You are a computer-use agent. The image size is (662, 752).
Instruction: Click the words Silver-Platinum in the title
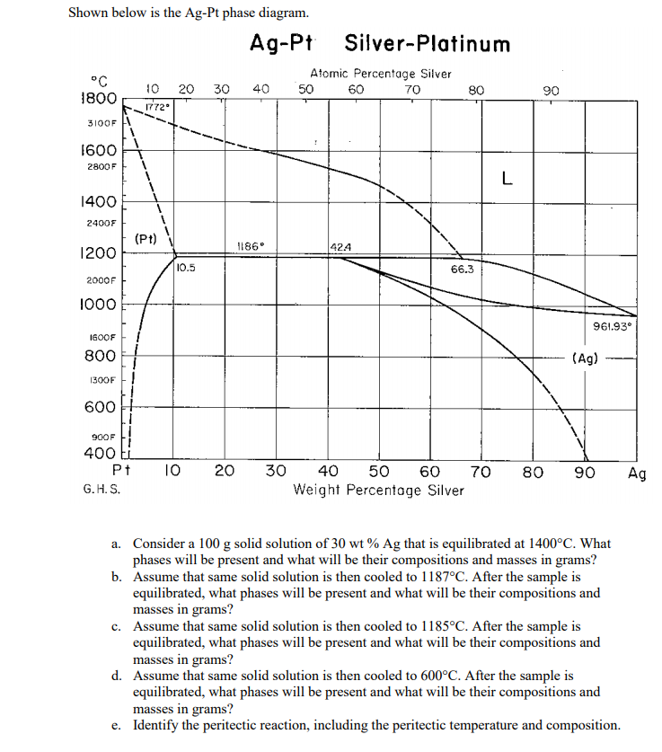(427, 44)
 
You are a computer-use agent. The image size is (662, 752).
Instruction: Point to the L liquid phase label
(508, 179)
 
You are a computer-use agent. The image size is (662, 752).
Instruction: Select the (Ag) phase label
(585, 358)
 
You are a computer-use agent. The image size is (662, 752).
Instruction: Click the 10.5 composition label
(187, 267)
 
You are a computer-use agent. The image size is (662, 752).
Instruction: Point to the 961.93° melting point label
(613, 325)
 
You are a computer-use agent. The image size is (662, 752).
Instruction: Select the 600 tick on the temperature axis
(99, 406)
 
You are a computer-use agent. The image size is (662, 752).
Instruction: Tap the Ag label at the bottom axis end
(637, 473)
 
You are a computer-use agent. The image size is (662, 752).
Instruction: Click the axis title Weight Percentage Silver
(379, 491)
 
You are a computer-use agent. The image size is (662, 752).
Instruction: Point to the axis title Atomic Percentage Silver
(380, 74)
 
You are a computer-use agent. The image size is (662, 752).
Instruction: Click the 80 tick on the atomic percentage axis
(476, 90)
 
